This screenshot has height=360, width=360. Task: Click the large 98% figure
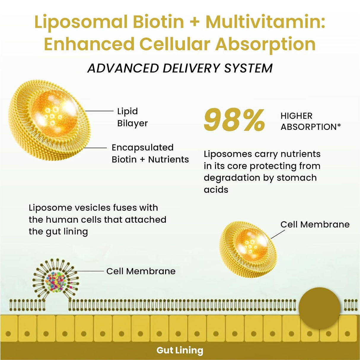coord(234,120)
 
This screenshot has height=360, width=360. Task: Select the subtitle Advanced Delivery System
coord(180,68)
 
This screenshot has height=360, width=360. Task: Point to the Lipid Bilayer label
coord(132,117)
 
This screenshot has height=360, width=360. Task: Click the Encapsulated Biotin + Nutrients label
coord(150,153)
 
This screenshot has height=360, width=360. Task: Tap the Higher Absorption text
coord(310,121)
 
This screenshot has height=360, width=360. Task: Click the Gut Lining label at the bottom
coord(180,350)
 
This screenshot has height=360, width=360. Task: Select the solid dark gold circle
coord(319,308)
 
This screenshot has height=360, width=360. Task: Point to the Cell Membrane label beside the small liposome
coord(315,224)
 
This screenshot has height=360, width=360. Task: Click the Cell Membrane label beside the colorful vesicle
coord(141,271)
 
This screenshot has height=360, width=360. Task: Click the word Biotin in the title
coord(158,22)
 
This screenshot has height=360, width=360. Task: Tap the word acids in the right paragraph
coord(216,189)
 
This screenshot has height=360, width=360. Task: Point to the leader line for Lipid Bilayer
coord(99,111)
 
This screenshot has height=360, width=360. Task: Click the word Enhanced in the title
coord(89,44)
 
